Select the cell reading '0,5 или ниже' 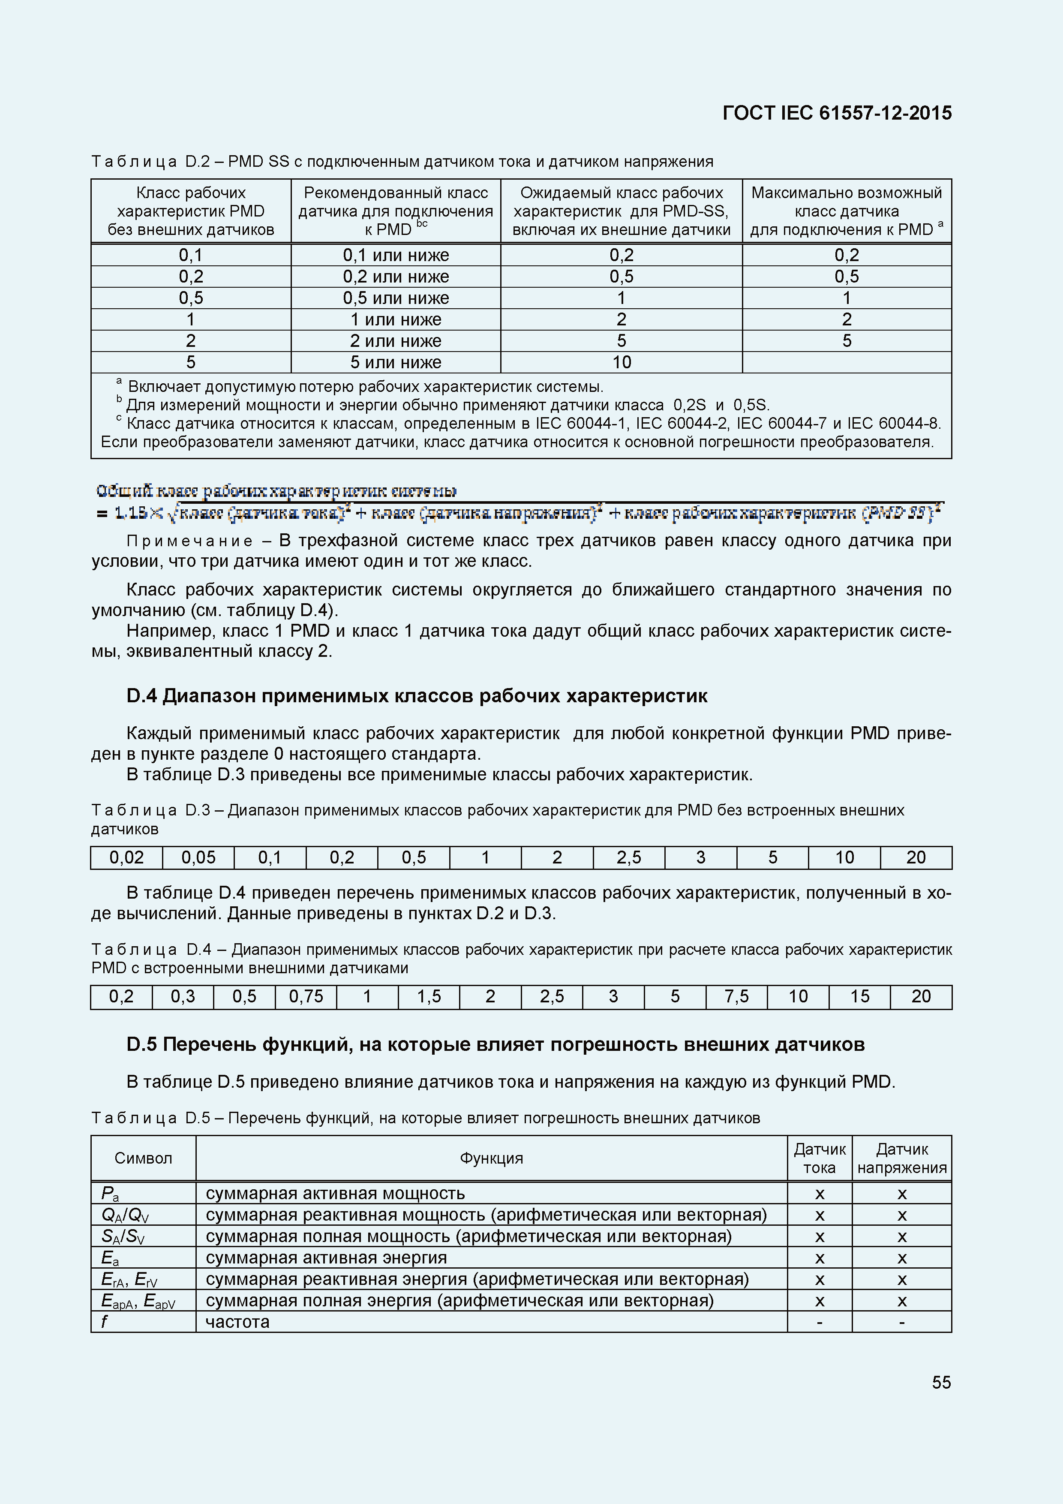(x=396, y=298)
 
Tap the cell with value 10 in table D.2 (x=621, y=362)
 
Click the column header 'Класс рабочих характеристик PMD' (x=191, y=211)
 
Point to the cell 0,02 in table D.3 (x=126, y=857)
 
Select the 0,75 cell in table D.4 (x=306, y=996)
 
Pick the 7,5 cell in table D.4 (x=736, y=996)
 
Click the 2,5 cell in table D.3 (x=629, y=857)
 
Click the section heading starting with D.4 (x=417, y=696)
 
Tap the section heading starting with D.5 (x=495, y=1044)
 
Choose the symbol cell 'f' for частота (x=105, y=1321)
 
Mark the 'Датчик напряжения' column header (x=902, y=1158)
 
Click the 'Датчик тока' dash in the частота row (x=820, y=1322)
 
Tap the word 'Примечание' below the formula (x=190, y=541)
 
